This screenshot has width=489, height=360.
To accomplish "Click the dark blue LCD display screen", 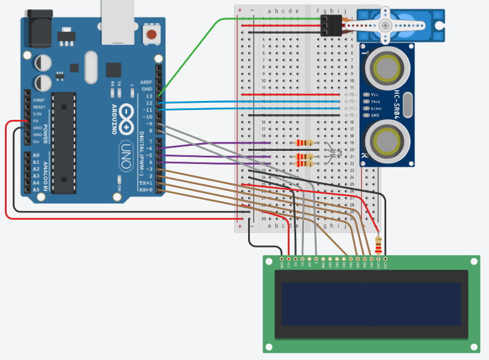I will point(371,304).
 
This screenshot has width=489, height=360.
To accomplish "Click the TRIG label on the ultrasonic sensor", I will point(376,102).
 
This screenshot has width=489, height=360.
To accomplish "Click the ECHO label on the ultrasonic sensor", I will point(376,109).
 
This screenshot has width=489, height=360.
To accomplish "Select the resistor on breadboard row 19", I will point(304,143).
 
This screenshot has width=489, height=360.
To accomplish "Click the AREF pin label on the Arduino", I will point(146,82).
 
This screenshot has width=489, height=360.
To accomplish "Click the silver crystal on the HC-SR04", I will point(408,105).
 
